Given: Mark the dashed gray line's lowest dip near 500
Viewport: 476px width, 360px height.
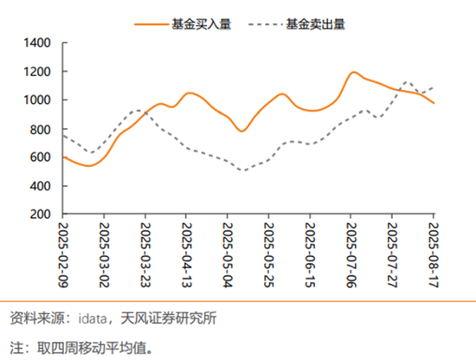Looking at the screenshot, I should [x=244, y=170].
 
